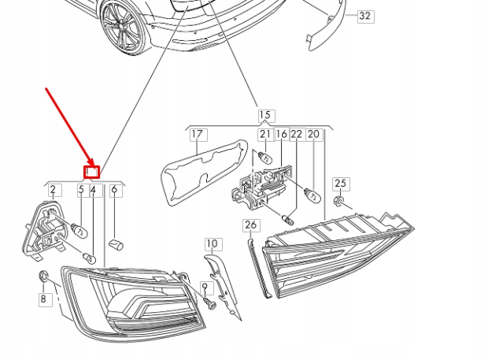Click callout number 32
(364, 16)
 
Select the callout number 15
(264, 116)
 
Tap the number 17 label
(197, 135)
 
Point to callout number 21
(265, 135)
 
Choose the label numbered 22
(297, 135)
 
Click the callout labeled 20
(314, 135)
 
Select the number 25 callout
(340, 184)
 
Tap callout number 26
(250, 225)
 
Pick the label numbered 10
(213, 243)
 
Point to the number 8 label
(44, 299)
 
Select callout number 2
(54, 189)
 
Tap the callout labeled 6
(115, 189)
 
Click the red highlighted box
(92, 169)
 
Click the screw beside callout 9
(209, 302)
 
